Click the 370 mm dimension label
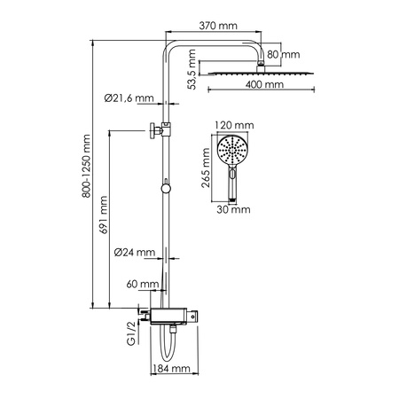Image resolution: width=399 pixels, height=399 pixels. (x=217, y=27)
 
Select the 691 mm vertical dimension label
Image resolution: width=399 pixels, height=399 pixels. (x=105, y=215)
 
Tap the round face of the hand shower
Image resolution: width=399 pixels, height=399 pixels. (x=230, y=150)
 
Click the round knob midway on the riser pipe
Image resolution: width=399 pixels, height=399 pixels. (x=164, y=187)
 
